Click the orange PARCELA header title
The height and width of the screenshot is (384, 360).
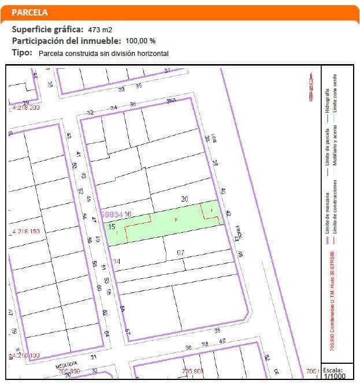(x=29, y=12)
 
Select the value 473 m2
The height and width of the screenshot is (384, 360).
(x=100, y=29)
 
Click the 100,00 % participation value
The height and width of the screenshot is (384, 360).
(x=140, y=41)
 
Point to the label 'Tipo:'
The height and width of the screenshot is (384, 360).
(x=22, y=53)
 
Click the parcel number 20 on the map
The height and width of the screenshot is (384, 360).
(x=184, y=199)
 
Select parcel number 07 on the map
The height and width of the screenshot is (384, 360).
(x=180, y=252)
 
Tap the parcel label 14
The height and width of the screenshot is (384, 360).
(x=116, y=262)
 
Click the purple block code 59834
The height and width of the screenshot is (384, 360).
(x=111, y=214)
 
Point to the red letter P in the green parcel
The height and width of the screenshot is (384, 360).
(x=176, y=220)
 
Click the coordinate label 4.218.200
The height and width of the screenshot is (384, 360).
(x=25, y=108)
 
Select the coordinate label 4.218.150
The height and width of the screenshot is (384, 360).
(x=25, y=232)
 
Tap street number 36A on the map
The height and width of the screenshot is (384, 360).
(x=171, y=101)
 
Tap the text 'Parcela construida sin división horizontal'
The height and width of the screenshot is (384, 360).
(x=103, y=53)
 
